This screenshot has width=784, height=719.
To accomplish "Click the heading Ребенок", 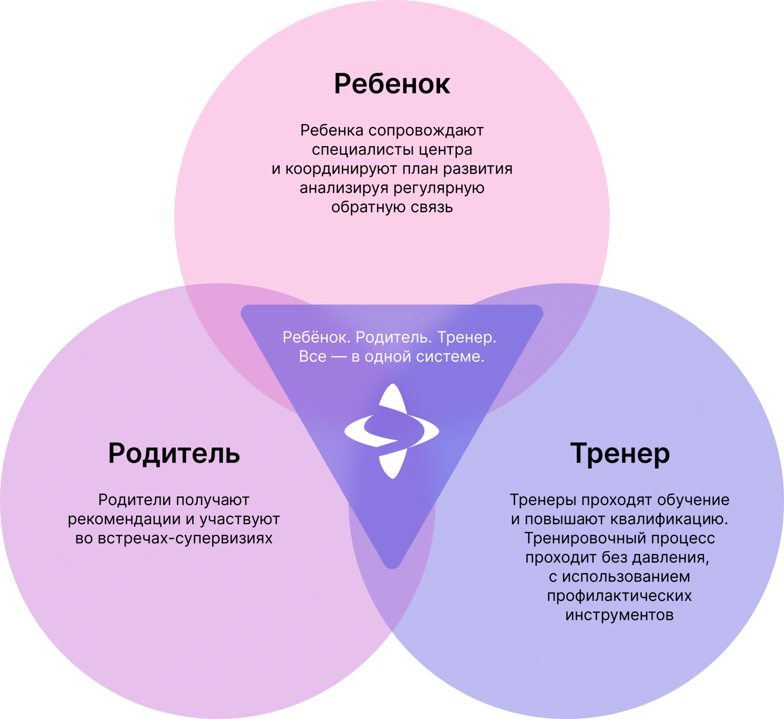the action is click(392, 84).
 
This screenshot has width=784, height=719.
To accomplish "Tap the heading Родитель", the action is click(174, 453).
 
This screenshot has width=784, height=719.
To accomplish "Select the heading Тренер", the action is click(620, 453).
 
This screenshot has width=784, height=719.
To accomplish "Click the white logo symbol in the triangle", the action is click(392, 431).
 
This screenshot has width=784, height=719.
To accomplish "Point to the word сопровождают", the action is click(426, 131).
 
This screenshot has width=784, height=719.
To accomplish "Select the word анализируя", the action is click(344, 188).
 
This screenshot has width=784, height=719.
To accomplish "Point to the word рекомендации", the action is click(124, 519).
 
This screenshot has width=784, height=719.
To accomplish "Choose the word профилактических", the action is click(619, 596).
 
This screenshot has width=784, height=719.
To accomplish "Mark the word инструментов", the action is click(619, 615).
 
